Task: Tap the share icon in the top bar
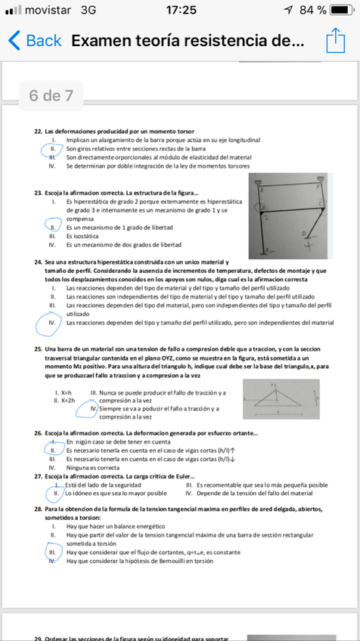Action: (334, 41)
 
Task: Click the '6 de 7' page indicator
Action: (51, 96)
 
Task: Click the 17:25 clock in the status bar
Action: (179, 10)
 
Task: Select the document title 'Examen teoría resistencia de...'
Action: (188, 41)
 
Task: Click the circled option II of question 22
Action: (53, 149)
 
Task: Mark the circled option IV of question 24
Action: (53, 323)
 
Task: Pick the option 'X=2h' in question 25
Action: (67, 401)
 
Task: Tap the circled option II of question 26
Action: (53, 450)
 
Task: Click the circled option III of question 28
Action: (53, 553)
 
